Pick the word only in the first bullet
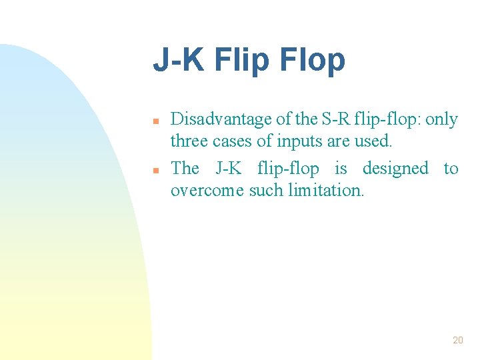tap(441, 120)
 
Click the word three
tap(189, 141)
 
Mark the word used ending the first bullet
tap(375, 141)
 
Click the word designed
tap(395, 169)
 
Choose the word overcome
tap(207, 191)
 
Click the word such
tap(266, 191)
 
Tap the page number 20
tap(457, 340)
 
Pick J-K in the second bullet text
tap(229, 169)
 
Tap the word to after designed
tap(451, 169)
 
